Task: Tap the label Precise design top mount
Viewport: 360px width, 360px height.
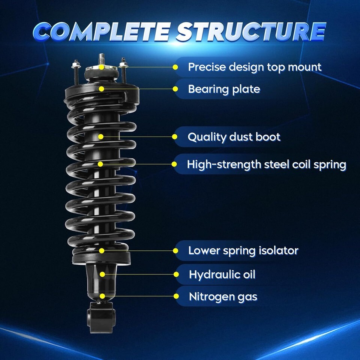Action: [x=255, y=67]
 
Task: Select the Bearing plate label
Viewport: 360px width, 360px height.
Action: [x=224, y=89]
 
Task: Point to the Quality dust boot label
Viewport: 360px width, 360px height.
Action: [x=234, y=137]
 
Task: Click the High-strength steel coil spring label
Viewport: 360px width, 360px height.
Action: [x=267, y=165]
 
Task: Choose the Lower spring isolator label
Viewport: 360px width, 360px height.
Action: [x=243, y=251]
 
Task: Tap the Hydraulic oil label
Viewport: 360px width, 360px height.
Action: [x=222, y=274]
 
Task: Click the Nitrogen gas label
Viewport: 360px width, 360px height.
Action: [x=223, y=297]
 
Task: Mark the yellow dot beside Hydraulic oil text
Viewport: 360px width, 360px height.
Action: [x=176, y=274]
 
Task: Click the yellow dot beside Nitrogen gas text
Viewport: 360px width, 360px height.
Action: [x=176, y=296]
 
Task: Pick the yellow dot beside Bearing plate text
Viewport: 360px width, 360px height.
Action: [x=175, y=89]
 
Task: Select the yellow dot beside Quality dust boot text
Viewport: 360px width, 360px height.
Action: [x=175, y=137]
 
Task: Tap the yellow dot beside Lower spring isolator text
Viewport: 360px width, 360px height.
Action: [x=175, y=251]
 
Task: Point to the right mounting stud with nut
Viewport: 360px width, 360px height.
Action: [x=123, y=70]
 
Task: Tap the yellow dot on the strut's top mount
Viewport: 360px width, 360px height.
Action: [x=102, y=67]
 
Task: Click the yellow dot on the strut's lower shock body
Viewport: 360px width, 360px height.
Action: [x=102, y=274]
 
